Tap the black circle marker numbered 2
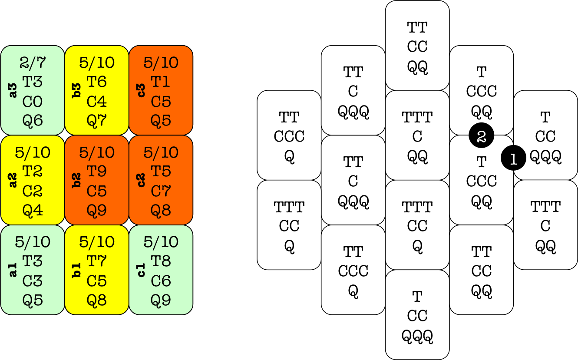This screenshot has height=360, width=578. [x=481, y=136]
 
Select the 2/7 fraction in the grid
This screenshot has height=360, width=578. [x=33, y=63]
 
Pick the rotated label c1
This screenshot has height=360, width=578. [x=142, y=270]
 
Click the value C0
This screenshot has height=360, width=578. [x=33, y=101]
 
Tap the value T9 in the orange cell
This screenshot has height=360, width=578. [x=97, y=172]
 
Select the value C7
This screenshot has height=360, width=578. [x=161, y=191]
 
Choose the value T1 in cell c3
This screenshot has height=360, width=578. [x=161, y=82]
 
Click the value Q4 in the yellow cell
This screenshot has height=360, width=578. [x=33, y=211]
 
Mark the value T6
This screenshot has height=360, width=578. [x=97, y=82]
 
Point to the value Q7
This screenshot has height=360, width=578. [x=97, y=120]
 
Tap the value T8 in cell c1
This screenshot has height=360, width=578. [x=161, y=261]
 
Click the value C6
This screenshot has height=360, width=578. [x=161, y=281]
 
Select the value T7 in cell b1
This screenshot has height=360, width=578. [x=97, y=261]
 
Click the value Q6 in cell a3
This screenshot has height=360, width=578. [x=33, y=120]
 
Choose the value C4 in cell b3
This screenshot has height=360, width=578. [x=97, y=101]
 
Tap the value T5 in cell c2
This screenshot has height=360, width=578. [x=161, y=172]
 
